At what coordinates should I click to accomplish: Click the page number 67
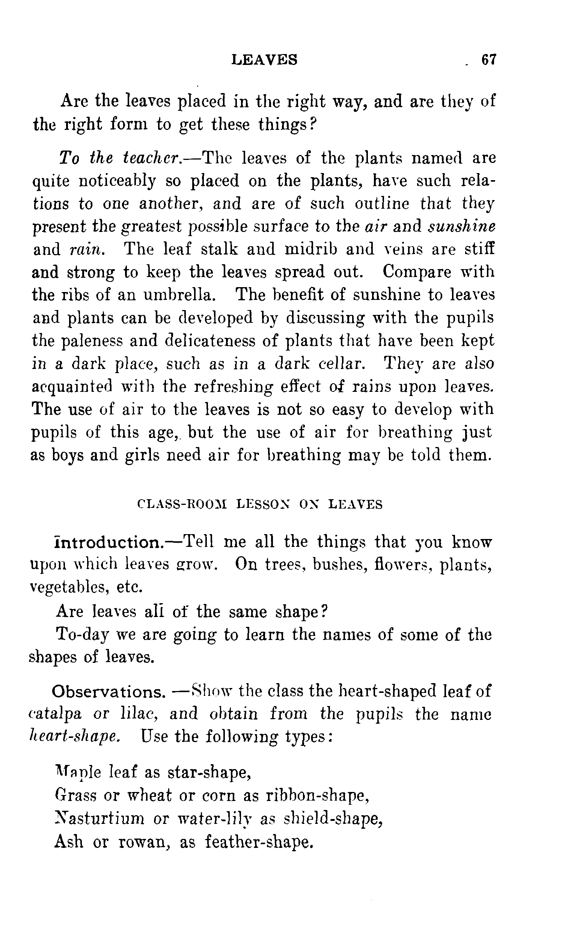click(489, 60)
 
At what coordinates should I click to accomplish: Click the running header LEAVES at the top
click(265, 60)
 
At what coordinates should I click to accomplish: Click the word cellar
click(341, 363)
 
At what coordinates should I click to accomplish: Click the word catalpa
click(56, 714)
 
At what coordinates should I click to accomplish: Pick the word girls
click(142, 455)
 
